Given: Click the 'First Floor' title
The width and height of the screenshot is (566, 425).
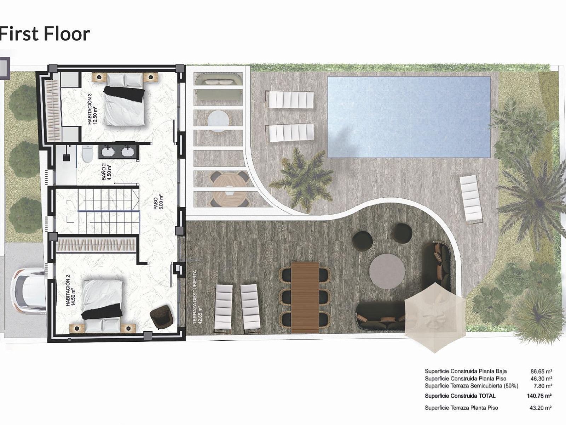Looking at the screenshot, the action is tap(45, 34).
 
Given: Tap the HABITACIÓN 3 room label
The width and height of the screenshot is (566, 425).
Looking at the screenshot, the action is tap(92, 109).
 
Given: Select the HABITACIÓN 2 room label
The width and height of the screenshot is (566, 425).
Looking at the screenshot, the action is tap(70, 290).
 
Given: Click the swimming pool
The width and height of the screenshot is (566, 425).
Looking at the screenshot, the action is tap(409, 117).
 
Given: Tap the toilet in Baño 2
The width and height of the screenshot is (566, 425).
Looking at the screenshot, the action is tap(88, 154).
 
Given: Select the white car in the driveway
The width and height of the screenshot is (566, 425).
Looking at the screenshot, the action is tap(28, 291).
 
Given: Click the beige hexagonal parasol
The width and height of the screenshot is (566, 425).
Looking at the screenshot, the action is tap(435, 317).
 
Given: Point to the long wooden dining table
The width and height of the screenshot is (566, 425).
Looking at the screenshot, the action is tap(305, 297).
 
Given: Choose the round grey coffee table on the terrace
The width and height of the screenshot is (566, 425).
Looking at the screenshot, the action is tap(387, 271).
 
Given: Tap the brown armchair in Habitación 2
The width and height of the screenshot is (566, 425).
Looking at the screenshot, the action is tap(161, 317).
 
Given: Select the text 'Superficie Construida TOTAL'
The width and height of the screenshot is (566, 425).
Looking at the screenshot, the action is tap(460, 396).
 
